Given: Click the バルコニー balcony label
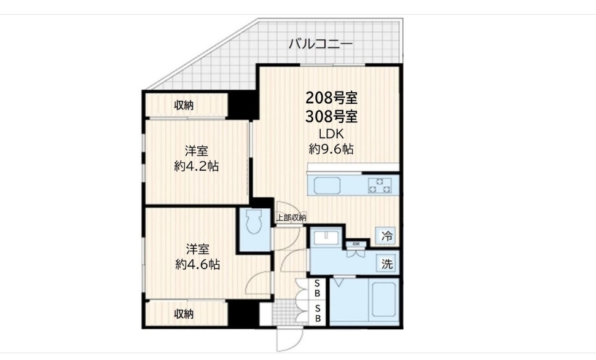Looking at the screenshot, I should click(320, 44).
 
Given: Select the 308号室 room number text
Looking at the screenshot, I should click(332, 116).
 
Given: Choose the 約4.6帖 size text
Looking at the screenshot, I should click(197, 265).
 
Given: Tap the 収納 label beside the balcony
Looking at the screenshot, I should click(184, 105).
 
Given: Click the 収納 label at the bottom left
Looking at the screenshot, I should click(184, 315).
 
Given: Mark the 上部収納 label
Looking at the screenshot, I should click(291, 217).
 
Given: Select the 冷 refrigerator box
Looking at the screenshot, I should click(386, 235).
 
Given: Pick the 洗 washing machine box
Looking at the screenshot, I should click(386, 264).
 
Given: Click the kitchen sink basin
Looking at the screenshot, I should click(332, 185).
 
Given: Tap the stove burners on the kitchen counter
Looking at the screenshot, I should click(379, 185).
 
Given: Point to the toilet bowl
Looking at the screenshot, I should click(253, 227).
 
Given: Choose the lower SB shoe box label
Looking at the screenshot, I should click(318, 313).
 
